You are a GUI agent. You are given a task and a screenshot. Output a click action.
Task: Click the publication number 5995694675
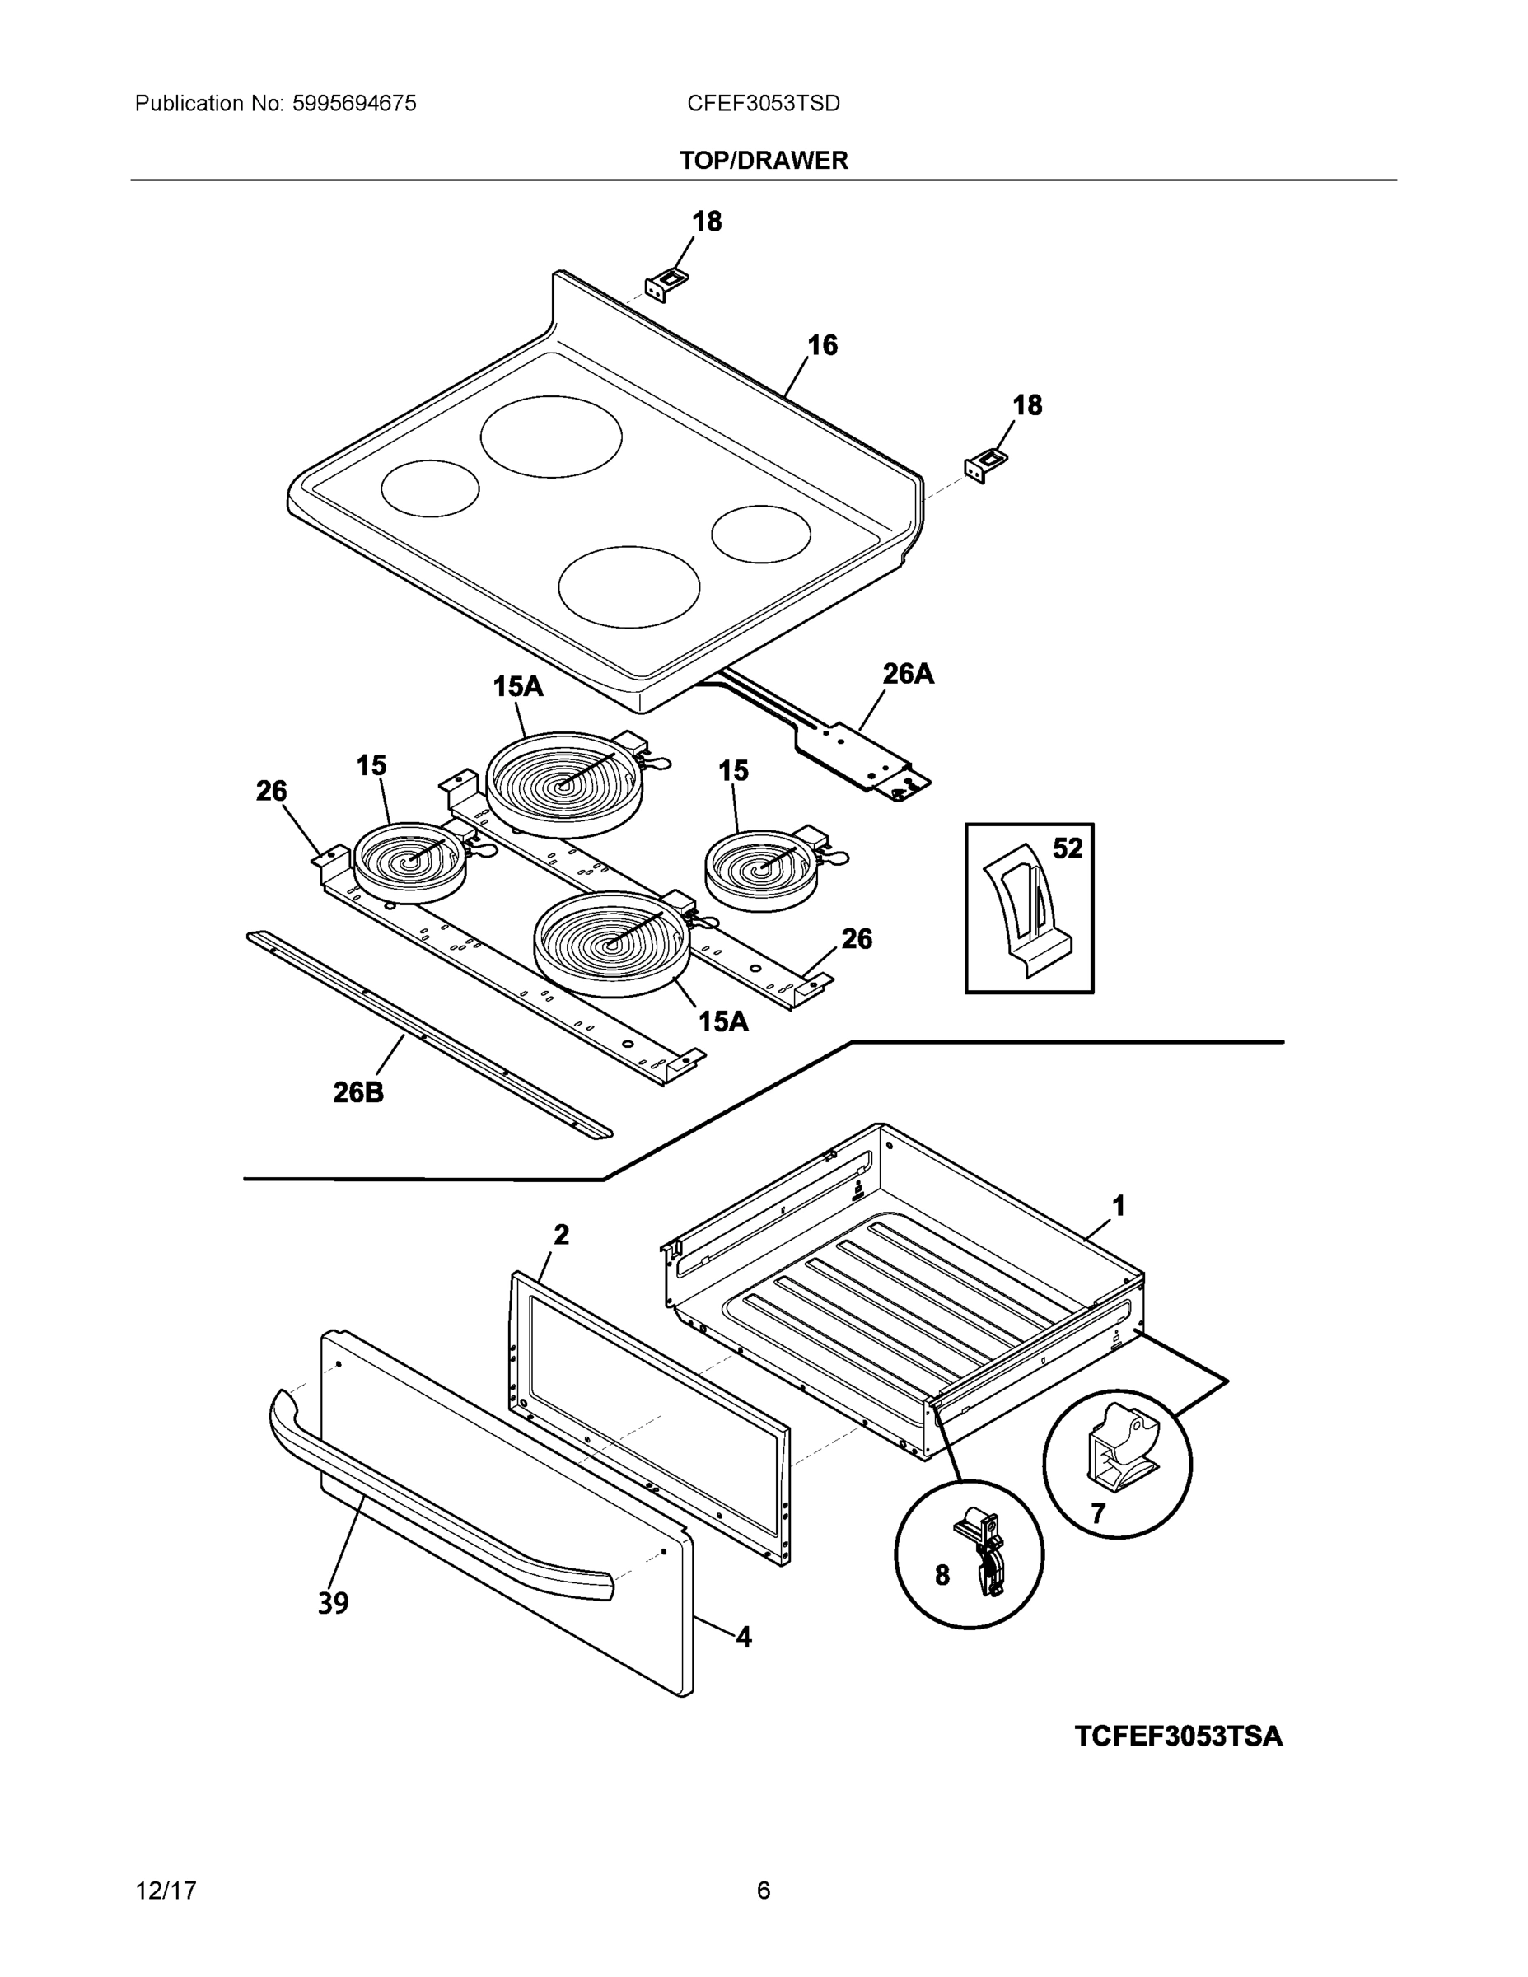354,103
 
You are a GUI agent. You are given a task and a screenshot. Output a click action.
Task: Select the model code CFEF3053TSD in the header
763,103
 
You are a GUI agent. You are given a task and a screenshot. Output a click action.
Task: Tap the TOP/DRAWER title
763,161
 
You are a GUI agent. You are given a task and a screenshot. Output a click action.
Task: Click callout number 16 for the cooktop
822,345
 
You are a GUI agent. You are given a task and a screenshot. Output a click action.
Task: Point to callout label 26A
908,674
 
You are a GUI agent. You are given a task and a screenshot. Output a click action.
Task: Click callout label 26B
358,1092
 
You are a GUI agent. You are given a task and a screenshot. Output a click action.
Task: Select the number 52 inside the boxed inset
1068,848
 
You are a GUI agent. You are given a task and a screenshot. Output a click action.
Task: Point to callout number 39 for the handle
333,1603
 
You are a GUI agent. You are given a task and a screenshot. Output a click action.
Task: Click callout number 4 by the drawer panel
743,1637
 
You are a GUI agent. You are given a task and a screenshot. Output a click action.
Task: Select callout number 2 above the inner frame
561,1234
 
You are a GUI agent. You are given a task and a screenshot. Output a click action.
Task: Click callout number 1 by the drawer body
1118,1206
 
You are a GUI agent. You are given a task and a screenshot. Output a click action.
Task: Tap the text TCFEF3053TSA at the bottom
1178,1736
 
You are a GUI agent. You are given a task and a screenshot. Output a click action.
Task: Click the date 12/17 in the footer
166,1891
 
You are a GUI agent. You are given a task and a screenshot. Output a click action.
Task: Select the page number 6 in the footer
763,1891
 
